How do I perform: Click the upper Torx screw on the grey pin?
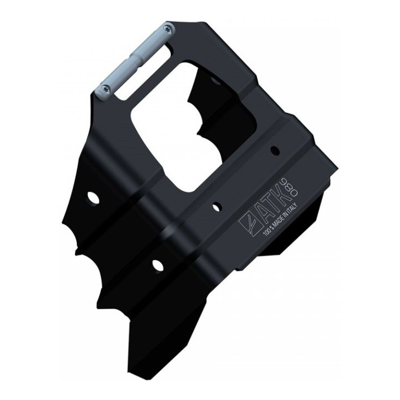(168, 28)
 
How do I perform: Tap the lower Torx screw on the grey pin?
(105, 89)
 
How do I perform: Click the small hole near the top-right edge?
(275, 150)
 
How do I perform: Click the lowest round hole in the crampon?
(158, 265)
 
